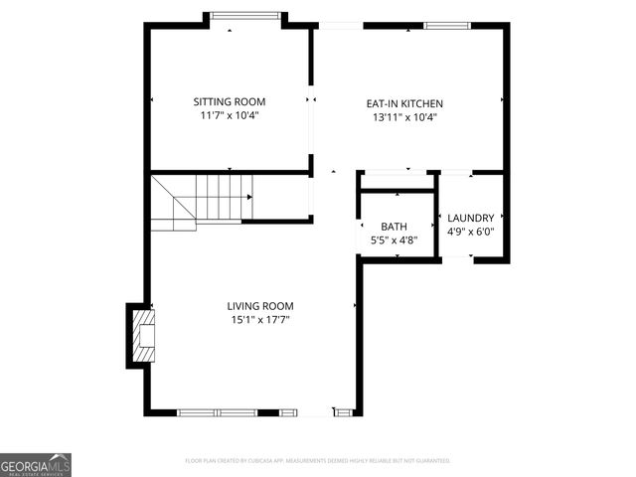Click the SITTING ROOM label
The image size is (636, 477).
pyautogui.click(x=230, y=101)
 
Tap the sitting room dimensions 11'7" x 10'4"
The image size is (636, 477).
pyautogui.click(x=230, y=115)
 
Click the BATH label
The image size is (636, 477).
pyautogui.click(x=394, y=227)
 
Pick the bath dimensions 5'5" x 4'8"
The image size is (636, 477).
pyautogui.click(x=394, y=239)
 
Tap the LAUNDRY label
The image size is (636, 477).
pyautogui.click(x=471, y=219)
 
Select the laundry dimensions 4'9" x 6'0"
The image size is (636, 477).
pyautogui.click(x=471, y=232)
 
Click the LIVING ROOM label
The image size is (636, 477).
pyautogui.click(x=260, y=306)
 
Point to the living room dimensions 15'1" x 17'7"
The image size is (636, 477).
pyautogui.click(x=260, y=320)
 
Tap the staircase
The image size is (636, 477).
pyautogui.click(x=203, y=199)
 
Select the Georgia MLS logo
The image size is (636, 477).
pyautogui.click(x=36, y=464)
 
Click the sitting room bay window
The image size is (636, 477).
pyautogui.click(x=245, y=16)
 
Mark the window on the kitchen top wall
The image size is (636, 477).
pyautogui.click(x=445, y=25)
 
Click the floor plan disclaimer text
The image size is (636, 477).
pyautogui.click(x=318, y=461)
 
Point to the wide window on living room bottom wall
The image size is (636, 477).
pyautogui.click(x=217, y=411)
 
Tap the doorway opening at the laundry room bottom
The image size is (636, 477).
pyautogui.click(x=456, y=258)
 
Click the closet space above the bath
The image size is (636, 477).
pyautogui.click(x=396, y=181)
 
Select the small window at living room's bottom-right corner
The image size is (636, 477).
pyautogui.click(x=344, y=411)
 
